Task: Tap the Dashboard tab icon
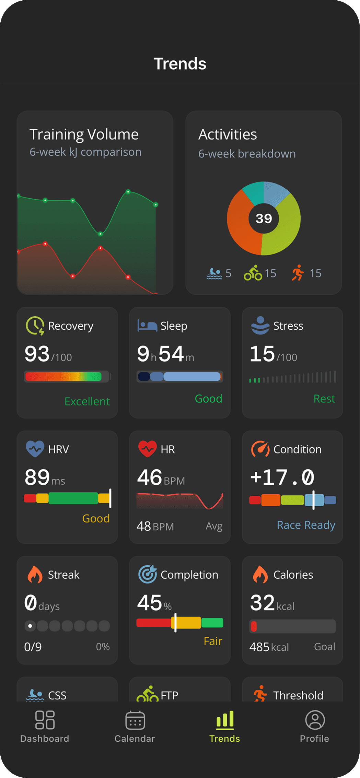pyautogui.click(x=45, y=720)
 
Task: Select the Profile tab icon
pyautogui.click(x=315, y=720)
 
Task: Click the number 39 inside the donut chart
pyautogui.click(x=264, y=219)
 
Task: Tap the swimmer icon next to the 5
pyautogui.click(x=214, y=273)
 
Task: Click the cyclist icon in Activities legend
pyautogui.click(x=253, y=273)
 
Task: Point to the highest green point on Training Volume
pyautogui.click(x=128, y=192)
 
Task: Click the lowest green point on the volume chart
pyautogui.click(x=100, y=234)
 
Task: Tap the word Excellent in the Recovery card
pyautogui.click(x=87, y=401)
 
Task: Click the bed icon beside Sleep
pyautogui.click(x=147, y=325)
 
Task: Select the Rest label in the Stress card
pyautogui.click(x=324, y=399)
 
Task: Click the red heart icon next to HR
pyautogui.click(x=147, y=449)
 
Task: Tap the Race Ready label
pyautogui.click(x=306, y=525)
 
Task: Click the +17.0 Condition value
pyautogui.click(x=282, y=478)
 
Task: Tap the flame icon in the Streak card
pyautogui.click(x=35, y=574)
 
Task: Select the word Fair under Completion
pyautogui.click(x=213, y=641)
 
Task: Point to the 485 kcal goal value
pyautogui.click(x=269, y=647)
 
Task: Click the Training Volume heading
pyautogui.click(x=84, y=134)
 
